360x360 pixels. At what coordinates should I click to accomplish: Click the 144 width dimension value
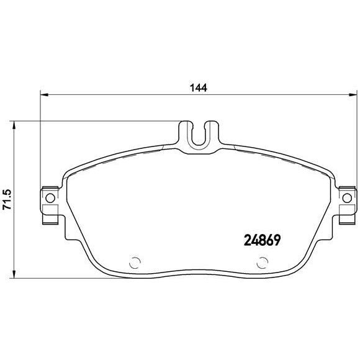click(x=199, y=87)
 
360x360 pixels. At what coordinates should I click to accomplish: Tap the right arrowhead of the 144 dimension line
click(x=354, y=95)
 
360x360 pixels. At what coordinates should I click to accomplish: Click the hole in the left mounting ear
click(x=49, y=199)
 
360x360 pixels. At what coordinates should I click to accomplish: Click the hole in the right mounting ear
click(x=348, y=199)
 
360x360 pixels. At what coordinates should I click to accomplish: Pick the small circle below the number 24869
click(x=259, y=261)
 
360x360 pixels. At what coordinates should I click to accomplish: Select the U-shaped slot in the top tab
click(x=199, y=135)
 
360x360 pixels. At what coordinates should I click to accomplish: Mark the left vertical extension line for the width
click(x=40, y=143)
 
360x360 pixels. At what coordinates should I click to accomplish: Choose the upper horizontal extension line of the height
click(x=93, y=121)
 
